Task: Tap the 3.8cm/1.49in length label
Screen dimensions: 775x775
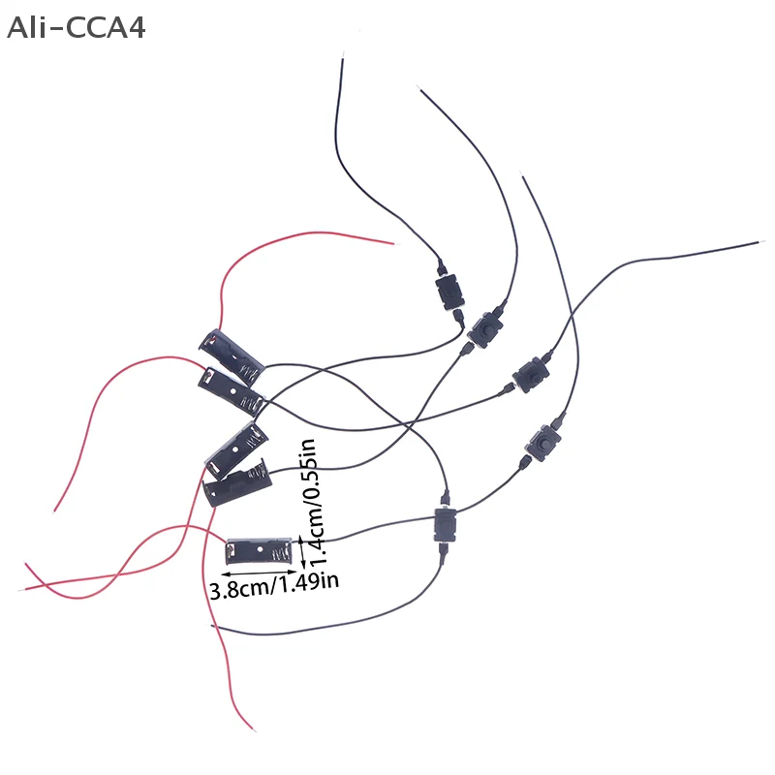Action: click(274, 587)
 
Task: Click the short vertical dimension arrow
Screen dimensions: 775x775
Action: click(303, 552)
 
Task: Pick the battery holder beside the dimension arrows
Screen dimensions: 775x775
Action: click(258, 549)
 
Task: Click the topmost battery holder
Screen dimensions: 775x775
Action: click(232, 351)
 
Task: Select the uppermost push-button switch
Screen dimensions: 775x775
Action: click(447, 291)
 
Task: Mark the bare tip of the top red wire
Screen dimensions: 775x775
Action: click(393, 243)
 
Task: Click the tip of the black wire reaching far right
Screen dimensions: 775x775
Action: click(761, 243)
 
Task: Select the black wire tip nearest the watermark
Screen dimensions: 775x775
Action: click(342, 55)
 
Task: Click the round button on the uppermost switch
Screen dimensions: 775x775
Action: click(447, 291)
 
